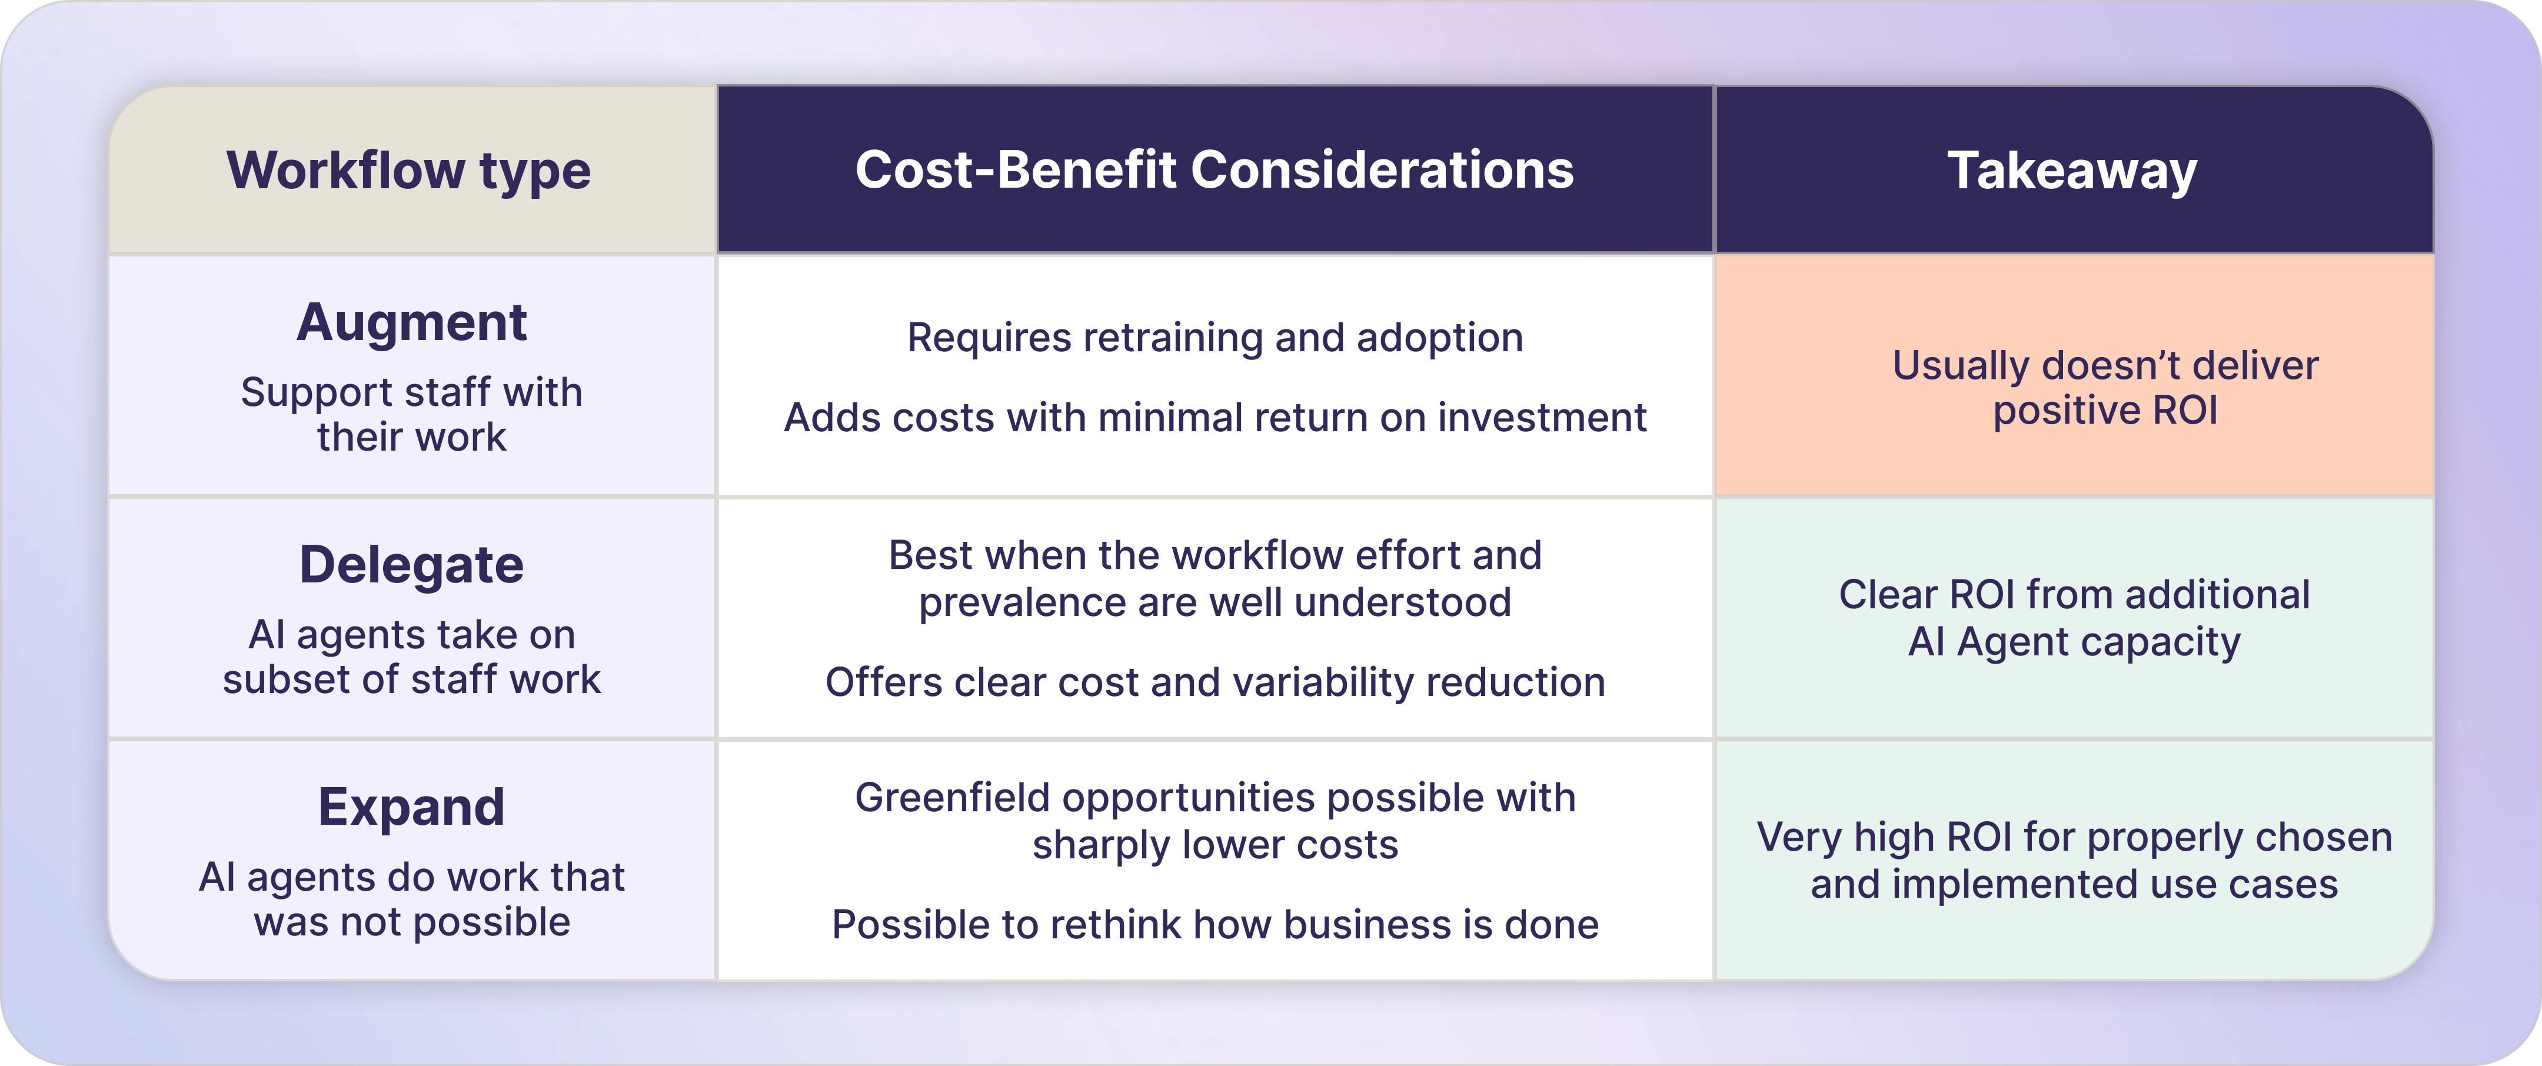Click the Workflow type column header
coord(408,171)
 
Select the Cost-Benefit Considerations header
coord(1215,170)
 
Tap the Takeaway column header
coord(2072,171)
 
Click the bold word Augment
coord(411,324)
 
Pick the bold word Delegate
coord(411,565)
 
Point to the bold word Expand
coord(411,807)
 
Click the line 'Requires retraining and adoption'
coord(1215,338)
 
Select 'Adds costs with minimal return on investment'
coord(1215,418)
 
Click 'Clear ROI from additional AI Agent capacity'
coord(2074,618)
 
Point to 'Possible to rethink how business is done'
coord(1215,925)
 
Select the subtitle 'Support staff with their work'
coord(411,415)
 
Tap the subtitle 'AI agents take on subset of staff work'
coord(411,657)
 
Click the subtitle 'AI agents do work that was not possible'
coord(411,899)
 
